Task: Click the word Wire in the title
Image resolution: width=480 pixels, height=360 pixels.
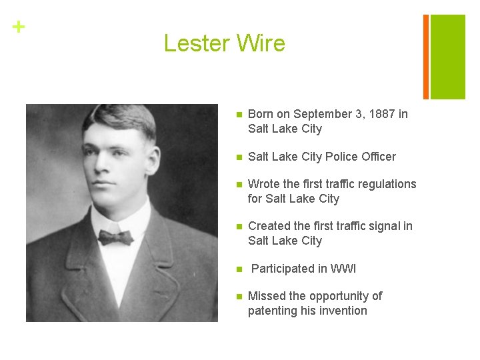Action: (x=260, y=43)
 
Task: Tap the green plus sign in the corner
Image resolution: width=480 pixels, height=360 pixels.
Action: (x=19, y=27)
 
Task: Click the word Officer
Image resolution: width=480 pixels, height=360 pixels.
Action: (x=381, y=157)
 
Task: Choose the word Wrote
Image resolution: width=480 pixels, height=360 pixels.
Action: (x=264, y=184)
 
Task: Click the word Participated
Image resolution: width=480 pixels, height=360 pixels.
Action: (x=285, y=269)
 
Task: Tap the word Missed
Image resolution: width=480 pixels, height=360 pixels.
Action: (x=267, y=296)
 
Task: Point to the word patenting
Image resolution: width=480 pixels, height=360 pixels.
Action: (x=273, y=311)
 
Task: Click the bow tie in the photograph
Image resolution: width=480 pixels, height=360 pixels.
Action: (x=115, y=237)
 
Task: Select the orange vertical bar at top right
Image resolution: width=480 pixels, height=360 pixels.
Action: (x=425, y=56)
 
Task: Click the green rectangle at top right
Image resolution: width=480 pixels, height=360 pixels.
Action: (x=447, y=56)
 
